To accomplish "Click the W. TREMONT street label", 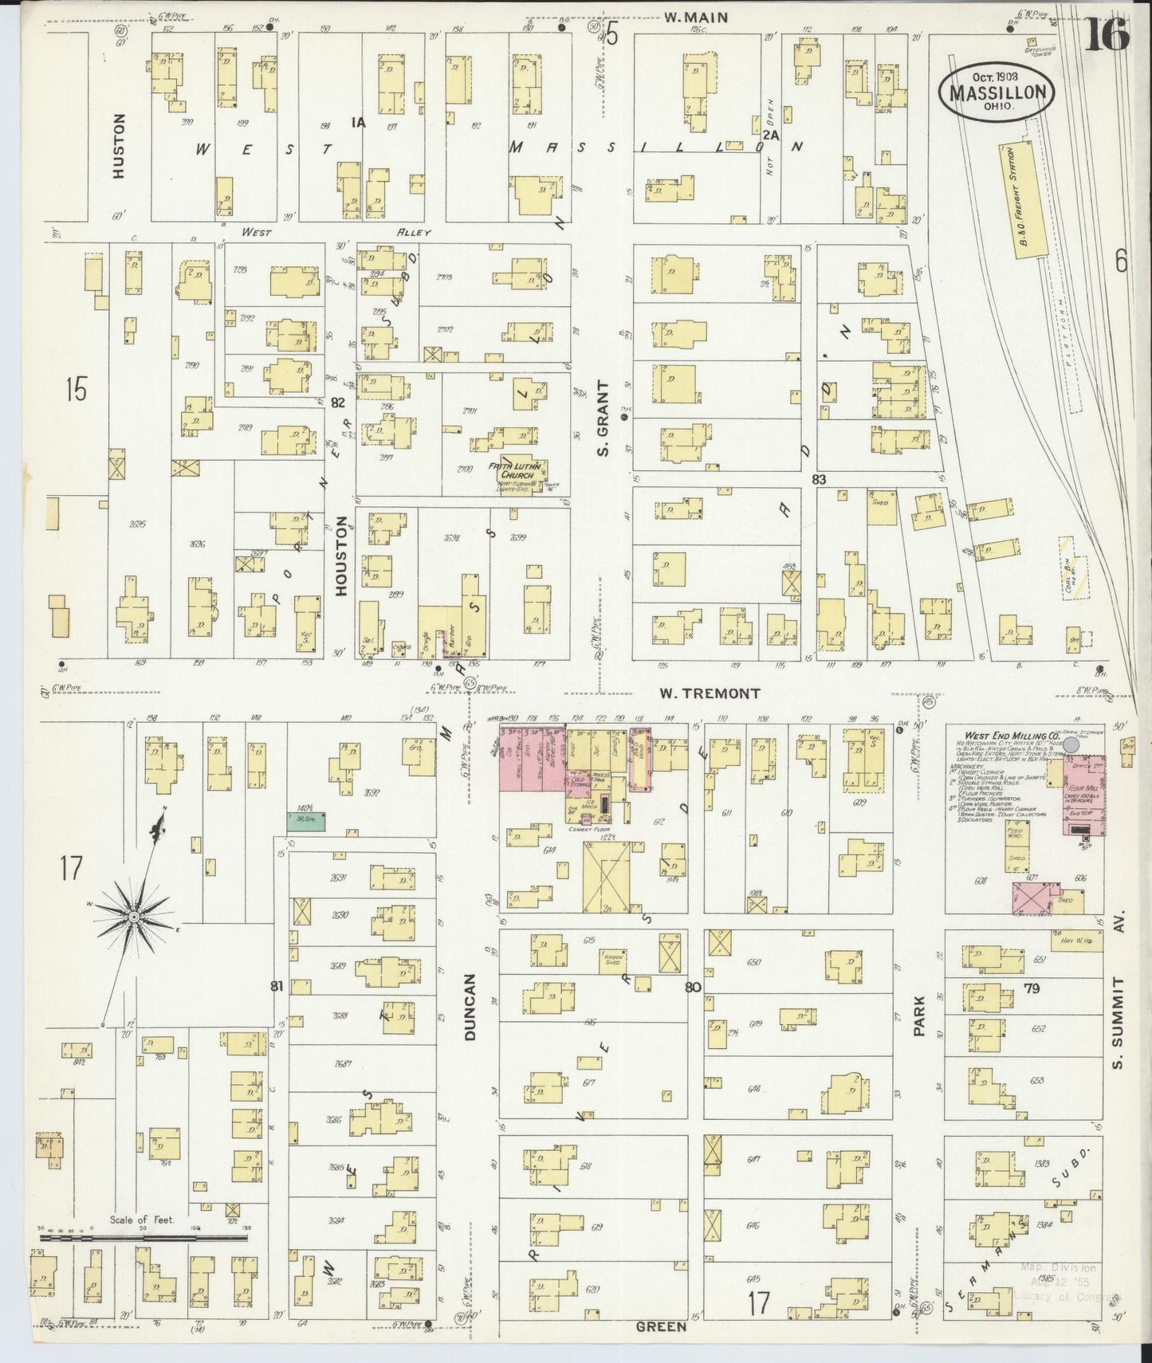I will point(709,693).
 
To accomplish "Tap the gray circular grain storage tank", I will point(1072,743).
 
